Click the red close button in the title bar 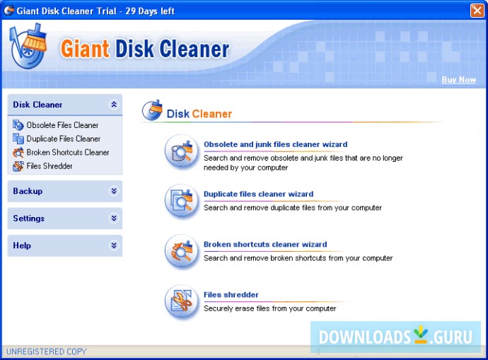(x=477, y=11)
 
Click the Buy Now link (x=459, y=80)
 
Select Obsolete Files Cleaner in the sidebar (x=62, y=125)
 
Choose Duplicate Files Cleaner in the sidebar (x=63, y=139)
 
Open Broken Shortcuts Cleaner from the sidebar (x=67, y=153)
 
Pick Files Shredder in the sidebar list (x=50, y=166)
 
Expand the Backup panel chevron (x=114, y=191)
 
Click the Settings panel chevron (x=114, y=218)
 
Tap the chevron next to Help (x=114, y=245)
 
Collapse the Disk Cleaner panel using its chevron (x=114, y=105)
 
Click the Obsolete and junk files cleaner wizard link (x=275, y=144)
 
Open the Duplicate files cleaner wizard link (x=258, y=194)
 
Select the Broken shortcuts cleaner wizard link (x=265, y=244)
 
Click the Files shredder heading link (x=231, y=295)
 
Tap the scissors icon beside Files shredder (x=182, y=301)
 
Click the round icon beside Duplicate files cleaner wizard (x=182, y=201)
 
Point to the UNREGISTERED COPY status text (x=47, y=352)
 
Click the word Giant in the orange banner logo (x=85, y=50)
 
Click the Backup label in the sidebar (x=28, y=191)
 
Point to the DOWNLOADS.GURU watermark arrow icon (x=421, y=335)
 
